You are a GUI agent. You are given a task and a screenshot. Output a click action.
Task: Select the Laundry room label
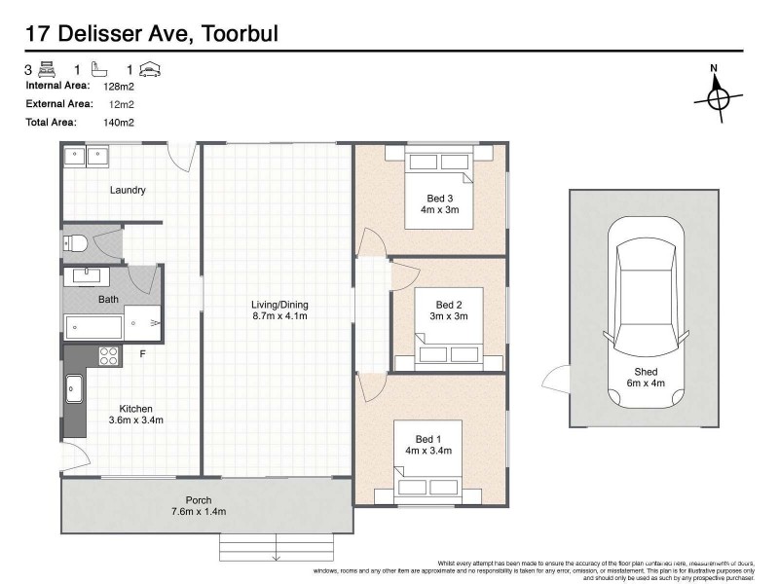pos(128,191)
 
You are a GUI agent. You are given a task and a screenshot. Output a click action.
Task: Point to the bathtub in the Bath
pos(93,326)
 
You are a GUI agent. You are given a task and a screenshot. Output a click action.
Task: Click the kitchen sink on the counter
pos(75,390)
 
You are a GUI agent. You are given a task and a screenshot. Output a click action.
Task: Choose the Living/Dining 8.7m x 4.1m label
pos(278,310)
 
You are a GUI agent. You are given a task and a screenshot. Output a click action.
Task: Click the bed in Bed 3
pos(438,190)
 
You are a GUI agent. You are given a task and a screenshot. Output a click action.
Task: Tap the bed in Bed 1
pos(429,458)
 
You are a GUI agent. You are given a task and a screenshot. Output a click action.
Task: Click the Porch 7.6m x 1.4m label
pos(200,505)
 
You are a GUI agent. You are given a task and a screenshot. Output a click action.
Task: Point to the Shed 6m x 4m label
pos(646,378)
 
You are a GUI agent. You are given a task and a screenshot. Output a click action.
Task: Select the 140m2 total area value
pos(119,122)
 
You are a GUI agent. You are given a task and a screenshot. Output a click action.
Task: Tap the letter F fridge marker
pos(142,352)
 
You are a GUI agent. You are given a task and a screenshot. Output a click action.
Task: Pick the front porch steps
pos(276,546)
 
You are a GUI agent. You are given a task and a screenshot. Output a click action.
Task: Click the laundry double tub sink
pos(86,156)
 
